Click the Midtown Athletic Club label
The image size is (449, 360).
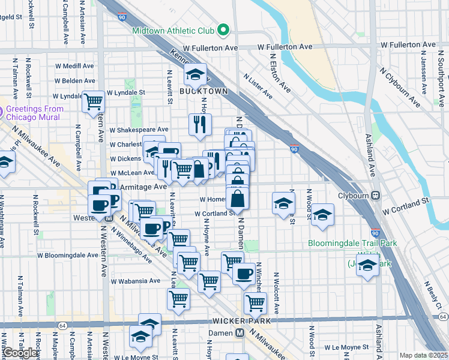coord(173,30)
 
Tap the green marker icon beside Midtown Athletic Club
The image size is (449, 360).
coord(223,29)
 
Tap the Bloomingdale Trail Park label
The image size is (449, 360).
coord(344,244)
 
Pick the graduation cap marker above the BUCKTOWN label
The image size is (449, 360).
coord(194,74)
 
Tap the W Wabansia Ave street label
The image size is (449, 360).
coord(133,280)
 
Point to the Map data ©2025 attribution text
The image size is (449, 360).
coord(423,355)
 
